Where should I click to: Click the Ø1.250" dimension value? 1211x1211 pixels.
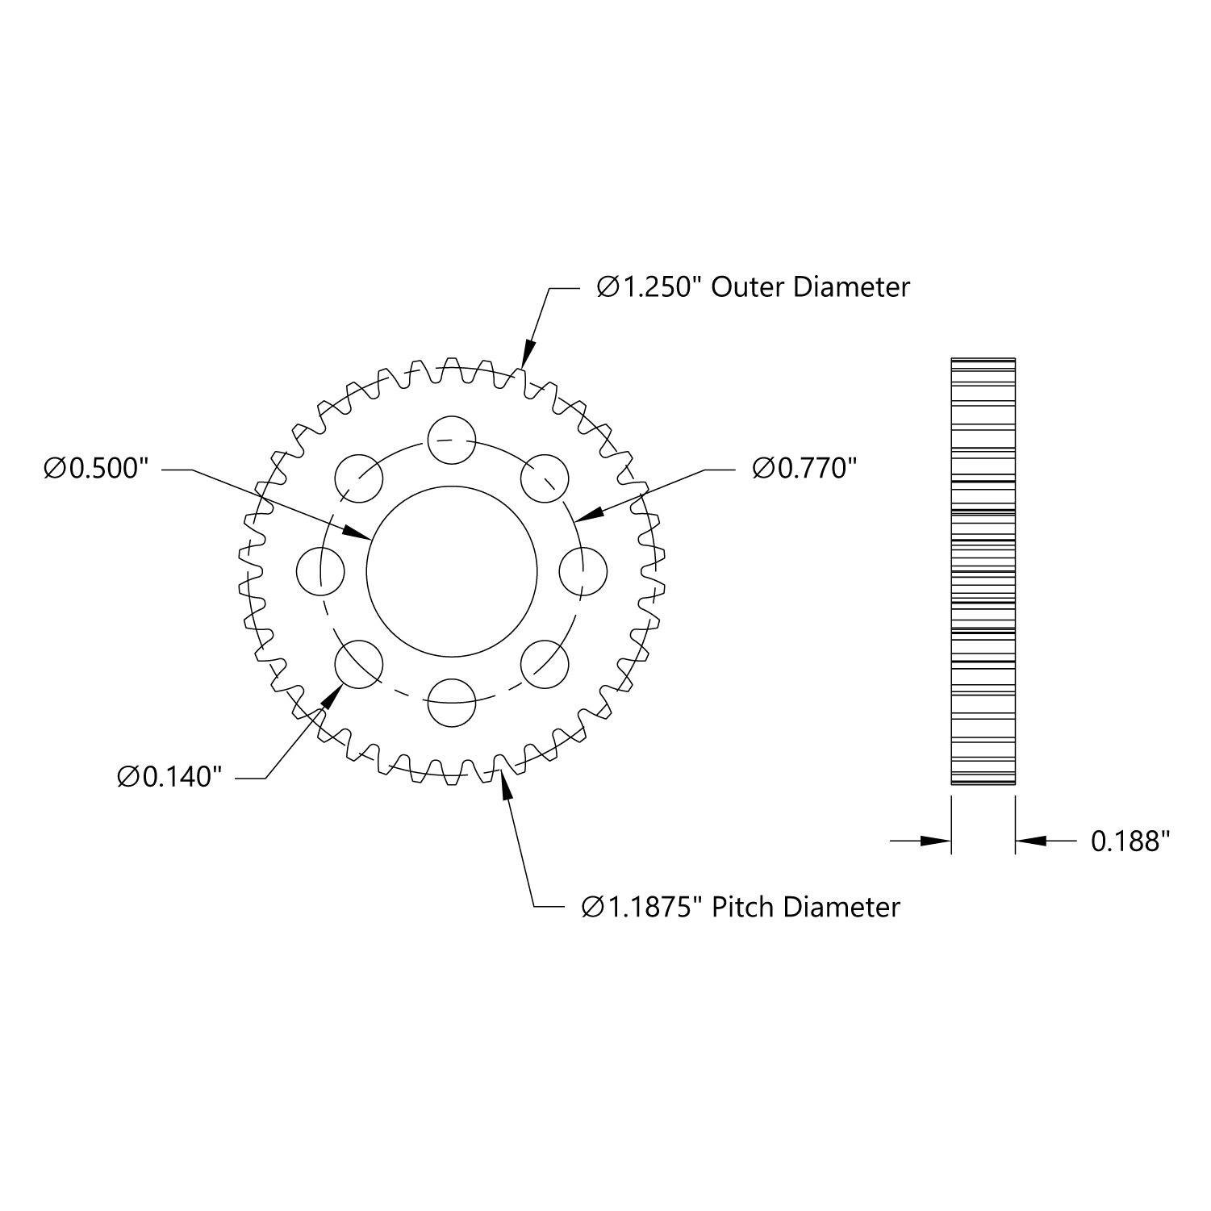(x=645, y=287)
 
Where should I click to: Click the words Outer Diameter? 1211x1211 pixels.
(x=810, y=287)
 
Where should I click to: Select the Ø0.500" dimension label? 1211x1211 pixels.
(x=97, y=469)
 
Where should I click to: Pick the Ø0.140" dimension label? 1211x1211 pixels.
(x=169, y=777)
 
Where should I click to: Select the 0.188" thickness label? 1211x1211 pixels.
(x=1130, y=841)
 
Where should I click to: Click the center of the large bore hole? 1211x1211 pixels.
(x=452, y=571)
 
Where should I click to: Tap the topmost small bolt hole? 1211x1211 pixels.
(x=452, y=441)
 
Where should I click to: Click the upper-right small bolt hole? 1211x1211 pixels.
(x=545, y=478)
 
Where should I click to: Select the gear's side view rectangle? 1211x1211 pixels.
(x=983, y=571)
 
